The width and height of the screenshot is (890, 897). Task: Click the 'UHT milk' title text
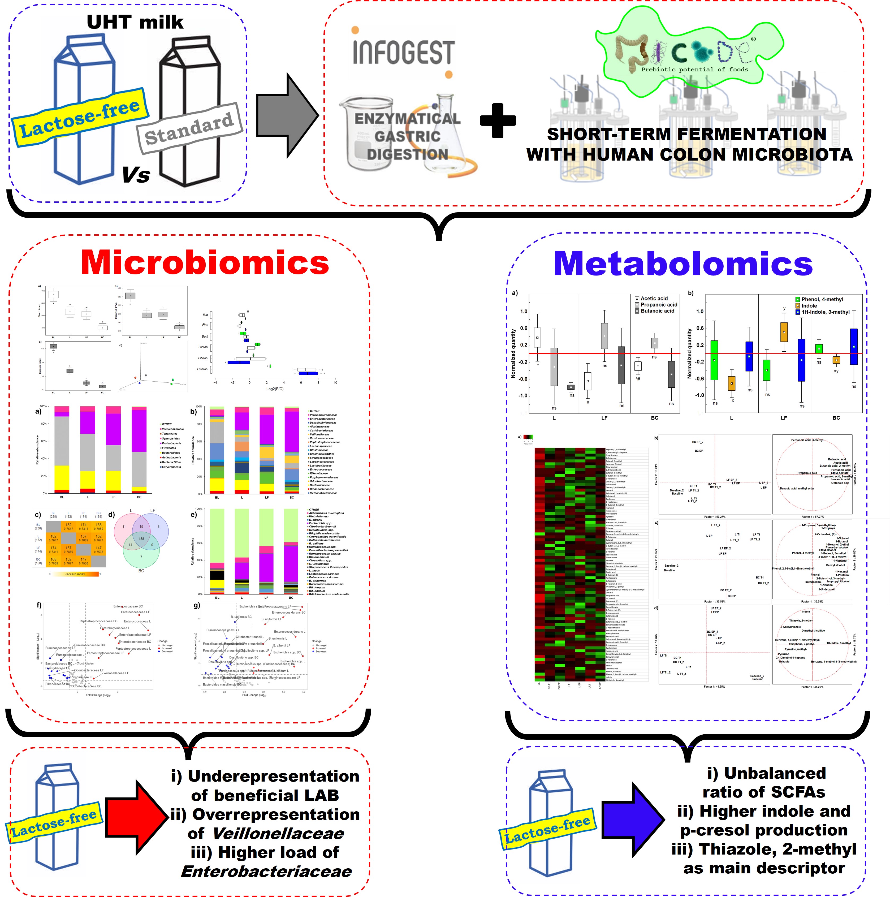[135, 22]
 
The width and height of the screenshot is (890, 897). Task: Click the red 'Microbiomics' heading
[205, 263]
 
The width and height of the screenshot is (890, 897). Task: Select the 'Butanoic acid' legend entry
[657, 311]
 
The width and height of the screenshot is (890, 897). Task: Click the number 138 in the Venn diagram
[141, 538]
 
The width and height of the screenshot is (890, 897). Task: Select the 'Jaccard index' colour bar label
[75, 574]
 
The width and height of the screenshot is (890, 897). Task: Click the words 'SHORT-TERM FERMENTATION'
[687, 134]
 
